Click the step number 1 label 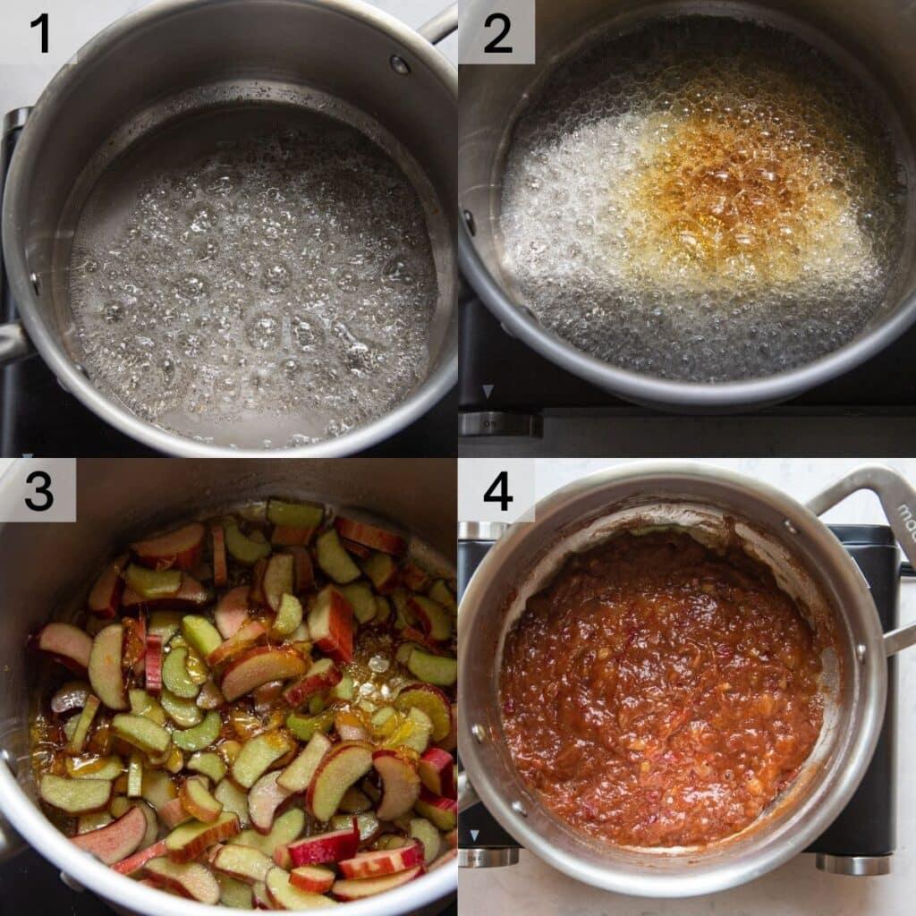(38, 33)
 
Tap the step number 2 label (497, 33)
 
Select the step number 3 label (38, 491)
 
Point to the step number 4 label (497, 491)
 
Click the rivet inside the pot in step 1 (400, 64)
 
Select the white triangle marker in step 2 (488, 391)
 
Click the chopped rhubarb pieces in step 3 (250, 707)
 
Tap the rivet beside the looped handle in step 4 (791, 527)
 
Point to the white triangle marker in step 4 (475, 835)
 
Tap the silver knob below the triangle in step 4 (488, 857)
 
